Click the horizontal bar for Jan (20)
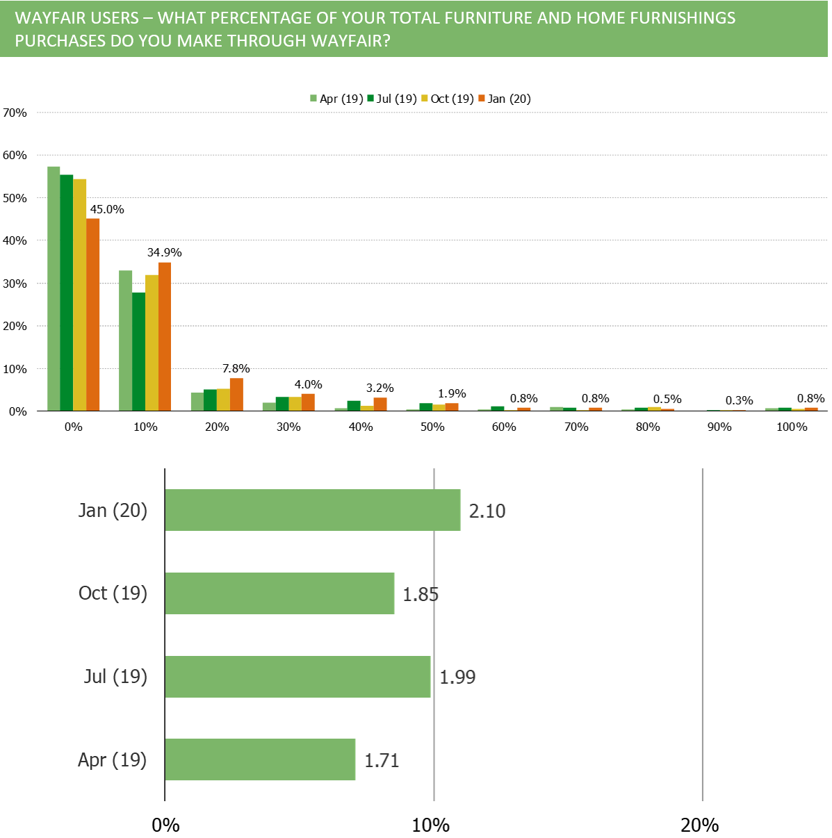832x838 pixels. coord(313,510)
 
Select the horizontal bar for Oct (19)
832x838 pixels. coord(279,593)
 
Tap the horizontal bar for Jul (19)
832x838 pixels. coord(297,677)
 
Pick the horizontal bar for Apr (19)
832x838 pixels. coord(260,759)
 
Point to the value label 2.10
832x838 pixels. coord(487,511)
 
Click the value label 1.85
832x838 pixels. coord(421,595)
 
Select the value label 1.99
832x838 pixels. coord(457,677)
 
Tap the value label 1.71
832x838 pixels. coord(382,761)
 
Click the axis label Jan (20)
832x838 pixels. coord(113,511)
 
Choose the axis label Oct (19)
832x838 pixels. coord(113,593)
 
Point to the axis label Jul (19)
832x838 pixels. coord(115,677)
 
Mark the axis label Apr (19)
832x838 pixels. coord(112,760)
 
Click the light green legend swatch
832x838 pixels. coord(313,98)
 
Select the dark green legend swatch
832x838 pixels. coord(370,98)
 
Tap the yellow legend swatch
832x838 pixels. coord(425,98)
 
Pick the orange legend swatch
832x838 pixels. coord(482,98)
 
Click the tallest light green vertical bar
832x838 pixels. coord(54,288)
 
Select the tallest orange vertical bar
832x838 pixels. coord(93,314)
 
